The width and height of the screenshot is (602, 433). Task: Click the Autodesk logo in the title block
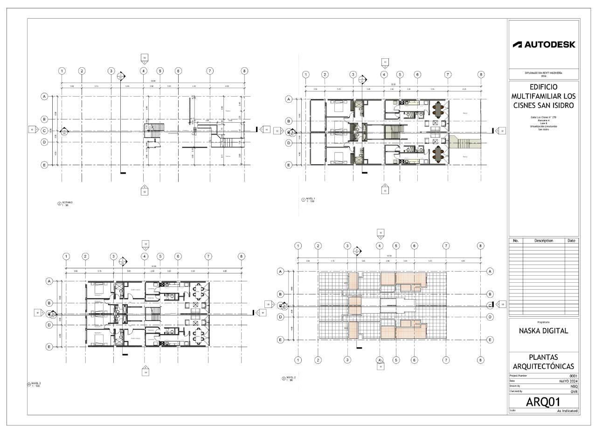click(x=544, y=45)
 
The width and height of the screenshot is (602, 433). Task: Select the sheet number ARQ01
click(x=543, y=402)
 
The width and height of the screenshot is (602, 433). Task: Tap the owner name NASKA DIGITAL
click(x=543, y=331)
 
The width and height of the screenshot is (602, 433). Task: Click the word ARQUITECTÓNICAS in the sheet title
click(x=543, y=366)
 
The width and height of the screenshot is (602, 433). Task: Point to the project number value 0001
click(x=573, y=376)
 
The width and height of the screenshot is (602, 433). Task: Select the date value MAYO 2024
click(x=568, y=381)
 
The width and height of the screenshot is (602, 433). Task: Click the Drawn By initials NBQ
click(x=574, y=386)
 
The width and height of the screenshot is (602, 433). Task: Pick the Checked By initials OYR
click(x=574, y=392)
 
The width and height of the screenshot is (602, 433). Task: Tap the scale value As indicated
click(x=567, y=411)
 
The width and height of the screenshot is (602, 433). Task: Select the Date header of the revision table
click(x=572, y=241)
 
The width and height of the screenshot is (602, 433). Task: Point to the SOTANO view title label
click(x=68, y=203)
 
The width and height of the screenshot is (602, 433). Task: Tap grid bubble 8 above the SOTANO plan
click(x=244, y=71)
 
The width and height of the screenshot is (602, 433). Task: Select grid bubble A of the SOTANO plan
click(x=45, y=97)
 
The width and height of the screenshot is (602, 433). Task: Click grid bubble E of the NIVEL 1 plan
click(x=289, y=165)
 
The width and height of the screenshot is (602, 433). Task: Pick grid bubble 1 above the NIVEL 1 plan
click(x=305, y=75)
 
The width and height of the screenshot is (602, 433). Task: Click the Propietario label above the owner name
click(x=543, y=322)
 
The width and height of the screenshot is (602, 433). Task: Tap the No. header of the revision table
click(x=515, y=241)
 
